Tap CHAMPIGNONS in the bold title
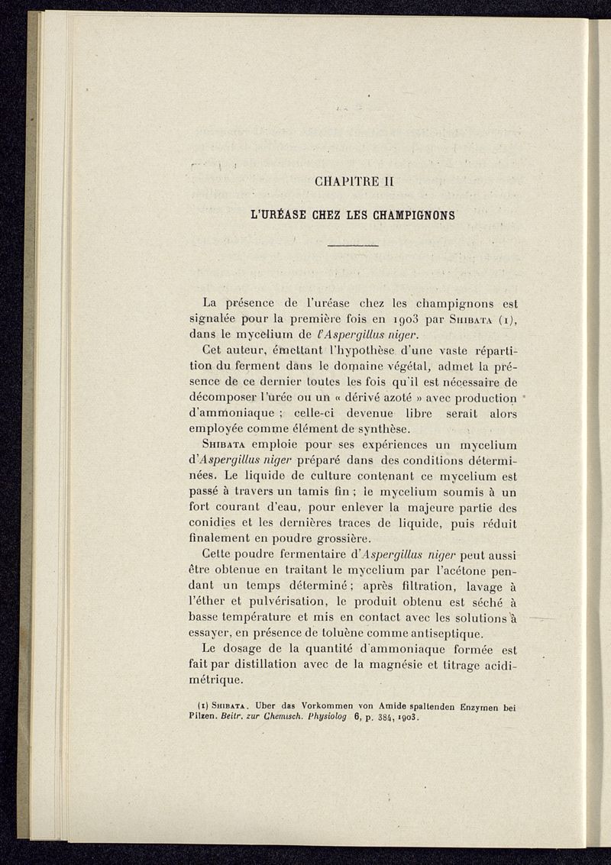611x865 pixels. coord(414,215)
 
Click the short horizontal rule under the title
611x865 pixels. coord(353,245)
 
